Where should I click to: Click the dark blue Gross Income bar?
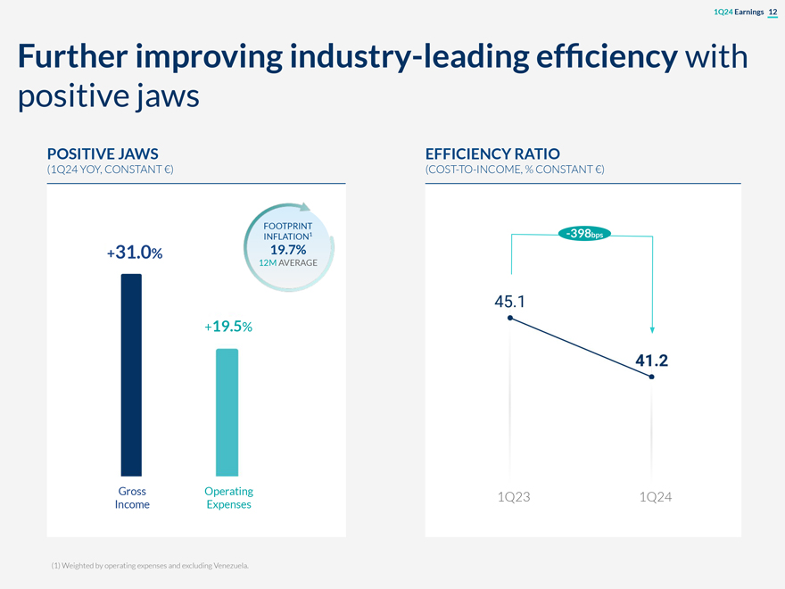tap(131, 375)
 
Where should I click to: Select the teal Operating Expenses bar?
tap(227, 411)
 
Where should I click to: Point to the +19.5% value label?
tap(228, 327)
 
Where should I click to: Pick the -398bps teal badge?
tap(583, 234)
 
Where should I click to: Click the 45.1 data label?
tap(509, 301)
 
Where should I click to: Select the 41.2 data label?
tap(652, 361)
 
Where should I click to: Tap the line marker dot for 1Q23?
tap(509, 318)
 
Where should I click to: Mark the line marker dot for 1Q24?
tap(652, 377)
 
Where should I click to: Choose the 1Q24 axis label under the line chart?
tap(656, 497)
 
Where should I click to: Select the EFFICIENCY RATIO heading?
tap(492, 153)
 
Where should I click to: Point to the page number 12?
tap(773, 11)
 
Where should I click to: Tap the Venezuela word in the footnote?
tap(227, 566)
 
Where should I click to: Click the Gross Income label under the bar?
tap(132, 498)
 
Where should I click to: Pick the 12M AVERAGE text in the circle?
tap(288, 263)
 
